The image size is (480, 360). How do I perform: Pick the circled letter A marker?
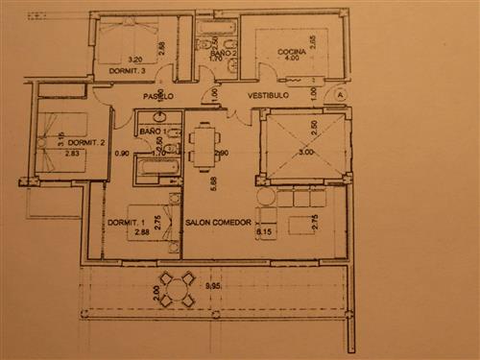340,94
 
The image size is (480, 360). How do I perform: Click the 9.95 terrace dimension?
214,286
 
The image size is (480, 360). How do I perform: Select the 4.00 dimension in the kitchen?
291,59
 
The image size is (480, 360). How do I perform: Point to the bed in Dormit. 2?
58,134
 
